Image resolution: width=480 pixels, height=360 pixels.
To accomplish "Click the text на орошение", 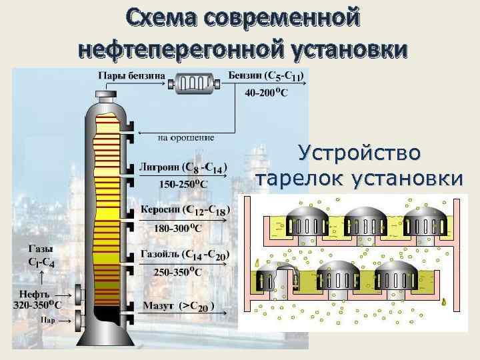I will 186,138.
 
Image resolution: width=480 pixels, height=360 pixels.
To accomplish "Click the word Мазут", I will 157,306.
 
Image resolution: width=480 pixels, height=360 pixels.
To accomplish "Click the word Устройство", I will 359,154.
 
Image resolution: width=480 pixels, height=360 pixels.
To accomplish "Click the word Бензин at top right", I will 245,76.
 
